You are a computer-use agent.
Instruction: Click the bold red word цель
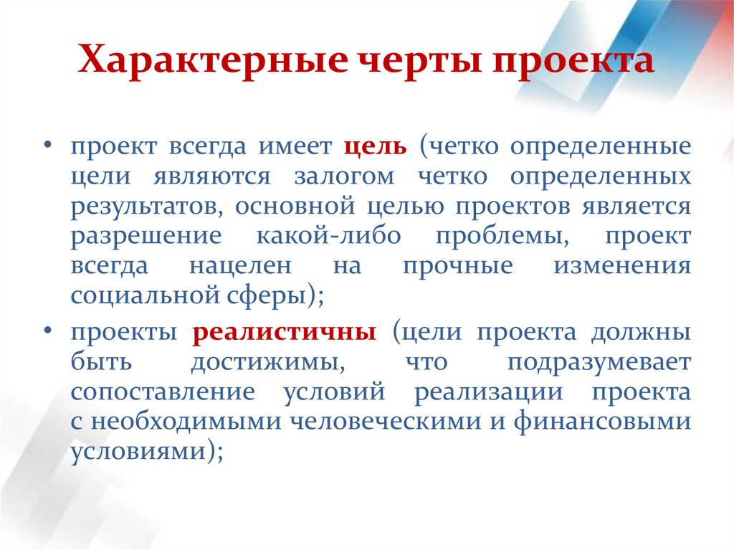[375, 147]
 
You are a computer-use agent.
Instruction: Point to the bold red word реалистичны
[285, 333]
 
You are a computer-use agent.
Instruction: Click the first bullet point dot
[47, 147]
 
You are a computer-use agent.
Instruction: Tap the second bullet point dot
[47, 333]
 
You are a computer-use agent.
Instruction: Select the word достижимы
[265, 363]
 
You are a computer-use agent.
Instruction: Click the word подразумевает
[599, 363]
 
